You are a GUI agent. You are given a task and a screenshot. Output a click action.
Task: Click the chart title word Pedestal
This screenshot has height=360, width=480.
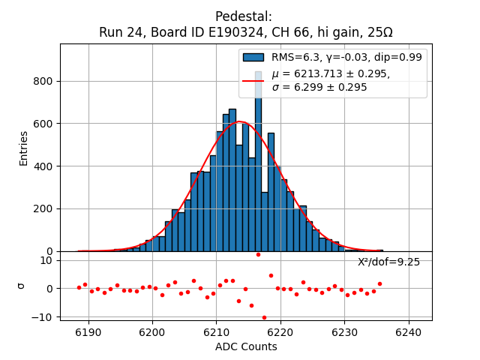[243, 16]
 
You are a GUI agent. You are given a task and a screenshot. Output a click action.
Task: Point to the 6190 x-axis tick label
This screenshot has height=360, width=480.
[88, 331]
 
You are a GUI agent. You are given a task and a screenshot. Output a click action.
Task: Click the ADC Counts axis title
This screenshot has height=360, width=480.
[246, 346]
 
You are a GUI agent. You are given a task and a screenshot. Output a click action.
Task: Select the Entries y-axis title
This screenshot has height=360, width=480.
[23, 148]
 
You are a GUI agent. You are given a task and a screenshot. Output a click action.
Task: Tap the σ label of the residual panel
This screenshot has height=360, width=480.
[22, 286]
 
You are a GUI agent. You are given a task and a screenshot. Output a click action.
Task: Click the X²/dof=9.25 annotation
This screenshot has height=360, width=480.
[388, 262]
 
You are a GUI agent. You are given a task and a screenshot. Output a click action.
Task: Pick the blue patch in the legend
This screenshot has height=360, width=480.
[253, 57]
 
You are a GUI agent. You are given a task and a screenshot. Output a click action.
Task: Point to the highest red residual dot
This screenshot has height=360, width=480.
[258, 254]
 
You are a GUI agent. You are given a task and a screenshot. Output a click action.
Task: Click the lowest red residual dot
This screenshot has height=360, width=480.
[264, 317]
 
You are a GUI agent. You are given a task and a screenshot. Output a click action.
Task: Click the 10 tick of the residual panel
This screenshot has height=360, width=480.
[46, 260]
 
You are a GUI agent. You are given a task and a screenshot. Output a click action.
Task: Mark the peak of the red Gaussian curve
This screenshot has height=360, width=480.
[239, 121]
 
